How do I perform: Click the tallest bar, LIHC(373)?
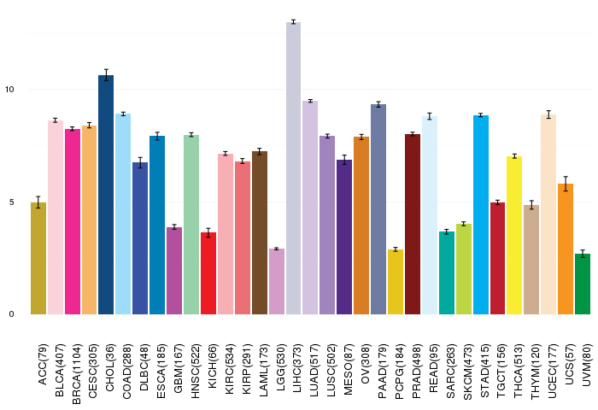(293, 168)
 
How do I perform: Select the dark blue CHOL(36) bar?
(106, 195)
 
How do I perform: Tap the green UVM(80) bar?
(583, 284)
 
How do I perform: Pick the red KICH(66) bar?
(208, 273)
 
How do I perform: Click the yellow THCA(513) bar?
(514, 235)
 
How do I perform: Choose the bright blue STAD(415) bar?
(480, 214)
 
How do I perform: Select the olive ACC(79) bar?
(38, 259)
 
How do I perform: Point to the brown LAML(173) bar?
(260, 233)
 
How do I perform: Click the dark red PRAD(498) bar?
(413, 225)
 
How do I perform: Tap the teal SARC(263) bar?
(447, 273)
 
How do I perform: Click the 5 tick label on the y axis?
(11, 202)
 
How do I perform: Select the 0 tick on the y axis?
(11, 314)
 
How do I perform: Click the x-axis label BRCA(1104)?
(76, 374)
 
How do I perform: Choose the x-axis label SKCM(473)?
(467, 372)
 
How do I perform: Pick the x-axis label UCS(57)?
(570, 364)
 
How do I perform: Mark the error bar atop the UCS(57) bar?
(566, 184)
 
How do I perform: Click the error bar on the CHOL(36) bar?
(106, 75)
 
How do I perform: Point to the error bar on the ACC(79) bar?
(38, 202)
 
